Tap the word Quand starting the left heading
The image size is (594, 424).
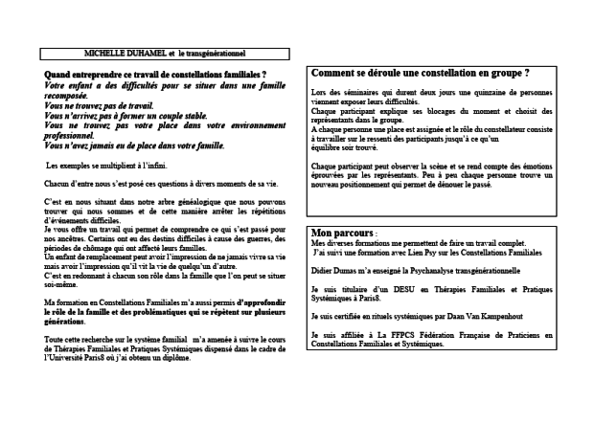coord(60,75)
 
